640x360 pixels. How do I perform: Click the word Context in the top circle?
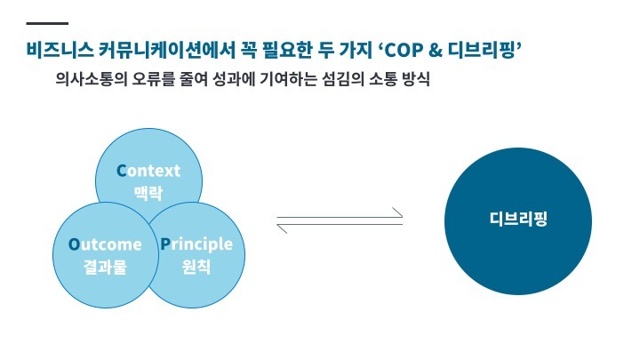pos(148,171)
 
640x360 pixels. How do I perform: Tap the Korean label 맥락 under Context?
pos(148,193)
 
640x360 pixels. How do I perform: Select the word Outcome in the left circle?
pos(105,244)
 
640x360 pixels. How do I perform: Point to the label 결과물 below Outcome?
pos(105,267)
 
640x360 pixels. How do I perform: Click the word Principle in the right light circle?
pos(196,244)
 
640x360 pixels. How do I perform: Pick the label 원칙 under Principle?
pos(196,267)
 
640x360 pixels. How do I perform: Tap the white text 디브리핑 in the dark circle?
pos(518,219)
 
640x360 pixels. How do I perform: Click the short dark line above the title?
pos(47,23)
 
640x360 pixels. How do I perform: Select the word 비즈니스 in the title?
pos(60,50)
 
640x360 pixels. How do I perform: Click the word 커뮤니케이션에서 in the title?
pos(167,50)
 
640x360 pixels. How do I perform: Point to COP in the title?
pos(404,50)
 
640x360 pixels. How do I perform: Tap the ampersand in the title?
pos(436,50)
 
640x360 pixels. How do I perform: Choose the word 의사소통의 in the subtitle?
pos(91,79)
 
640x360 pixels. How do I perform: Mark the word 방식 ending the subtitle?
pos(416,79)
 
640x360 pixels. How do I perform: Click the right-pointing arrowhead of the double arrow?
pos(397,212)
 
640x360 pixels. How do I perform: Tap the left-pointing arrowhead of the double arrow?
pos(282,228)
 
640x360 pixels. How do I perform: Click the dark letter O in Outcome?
pos(74,244)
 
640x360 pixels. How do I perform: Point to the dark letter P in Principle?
pos(165,244)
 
